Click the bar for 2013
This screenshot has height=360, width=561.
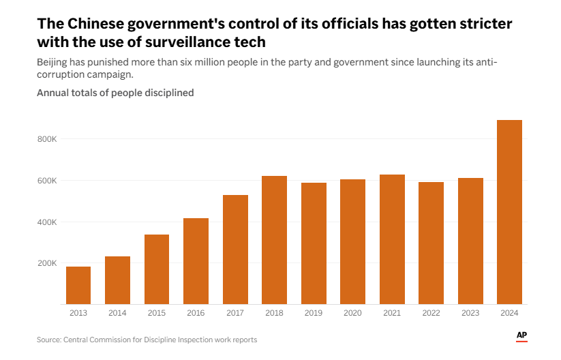click(x=78, y=285)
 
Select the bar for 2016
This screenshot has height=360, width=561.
click(x=196, y=261)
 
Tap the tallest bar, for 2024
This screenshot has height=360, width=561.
click(x=509, y=212)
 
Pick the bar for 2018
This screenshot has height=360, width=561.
click(x=274, y=240)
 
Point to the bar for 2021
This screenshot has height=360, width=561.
click(x=392, y=239)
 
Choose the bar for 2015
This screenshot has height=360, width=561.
click(x=157, y=269)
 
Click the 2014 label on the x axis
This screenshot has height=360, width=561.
click(x=117, y=313)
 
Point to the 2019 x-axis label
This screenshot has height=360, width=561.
click(x=314, y=313)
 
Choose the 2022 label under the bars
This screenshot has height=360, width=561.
click(x=431, y=313)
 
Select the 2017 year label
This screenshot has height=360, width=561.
click(x=235, y=313)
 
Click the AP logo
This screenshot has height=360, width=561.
click(x=521, y=335)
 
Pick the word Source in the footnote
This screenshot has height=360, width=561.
click(x=49, y=340)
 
